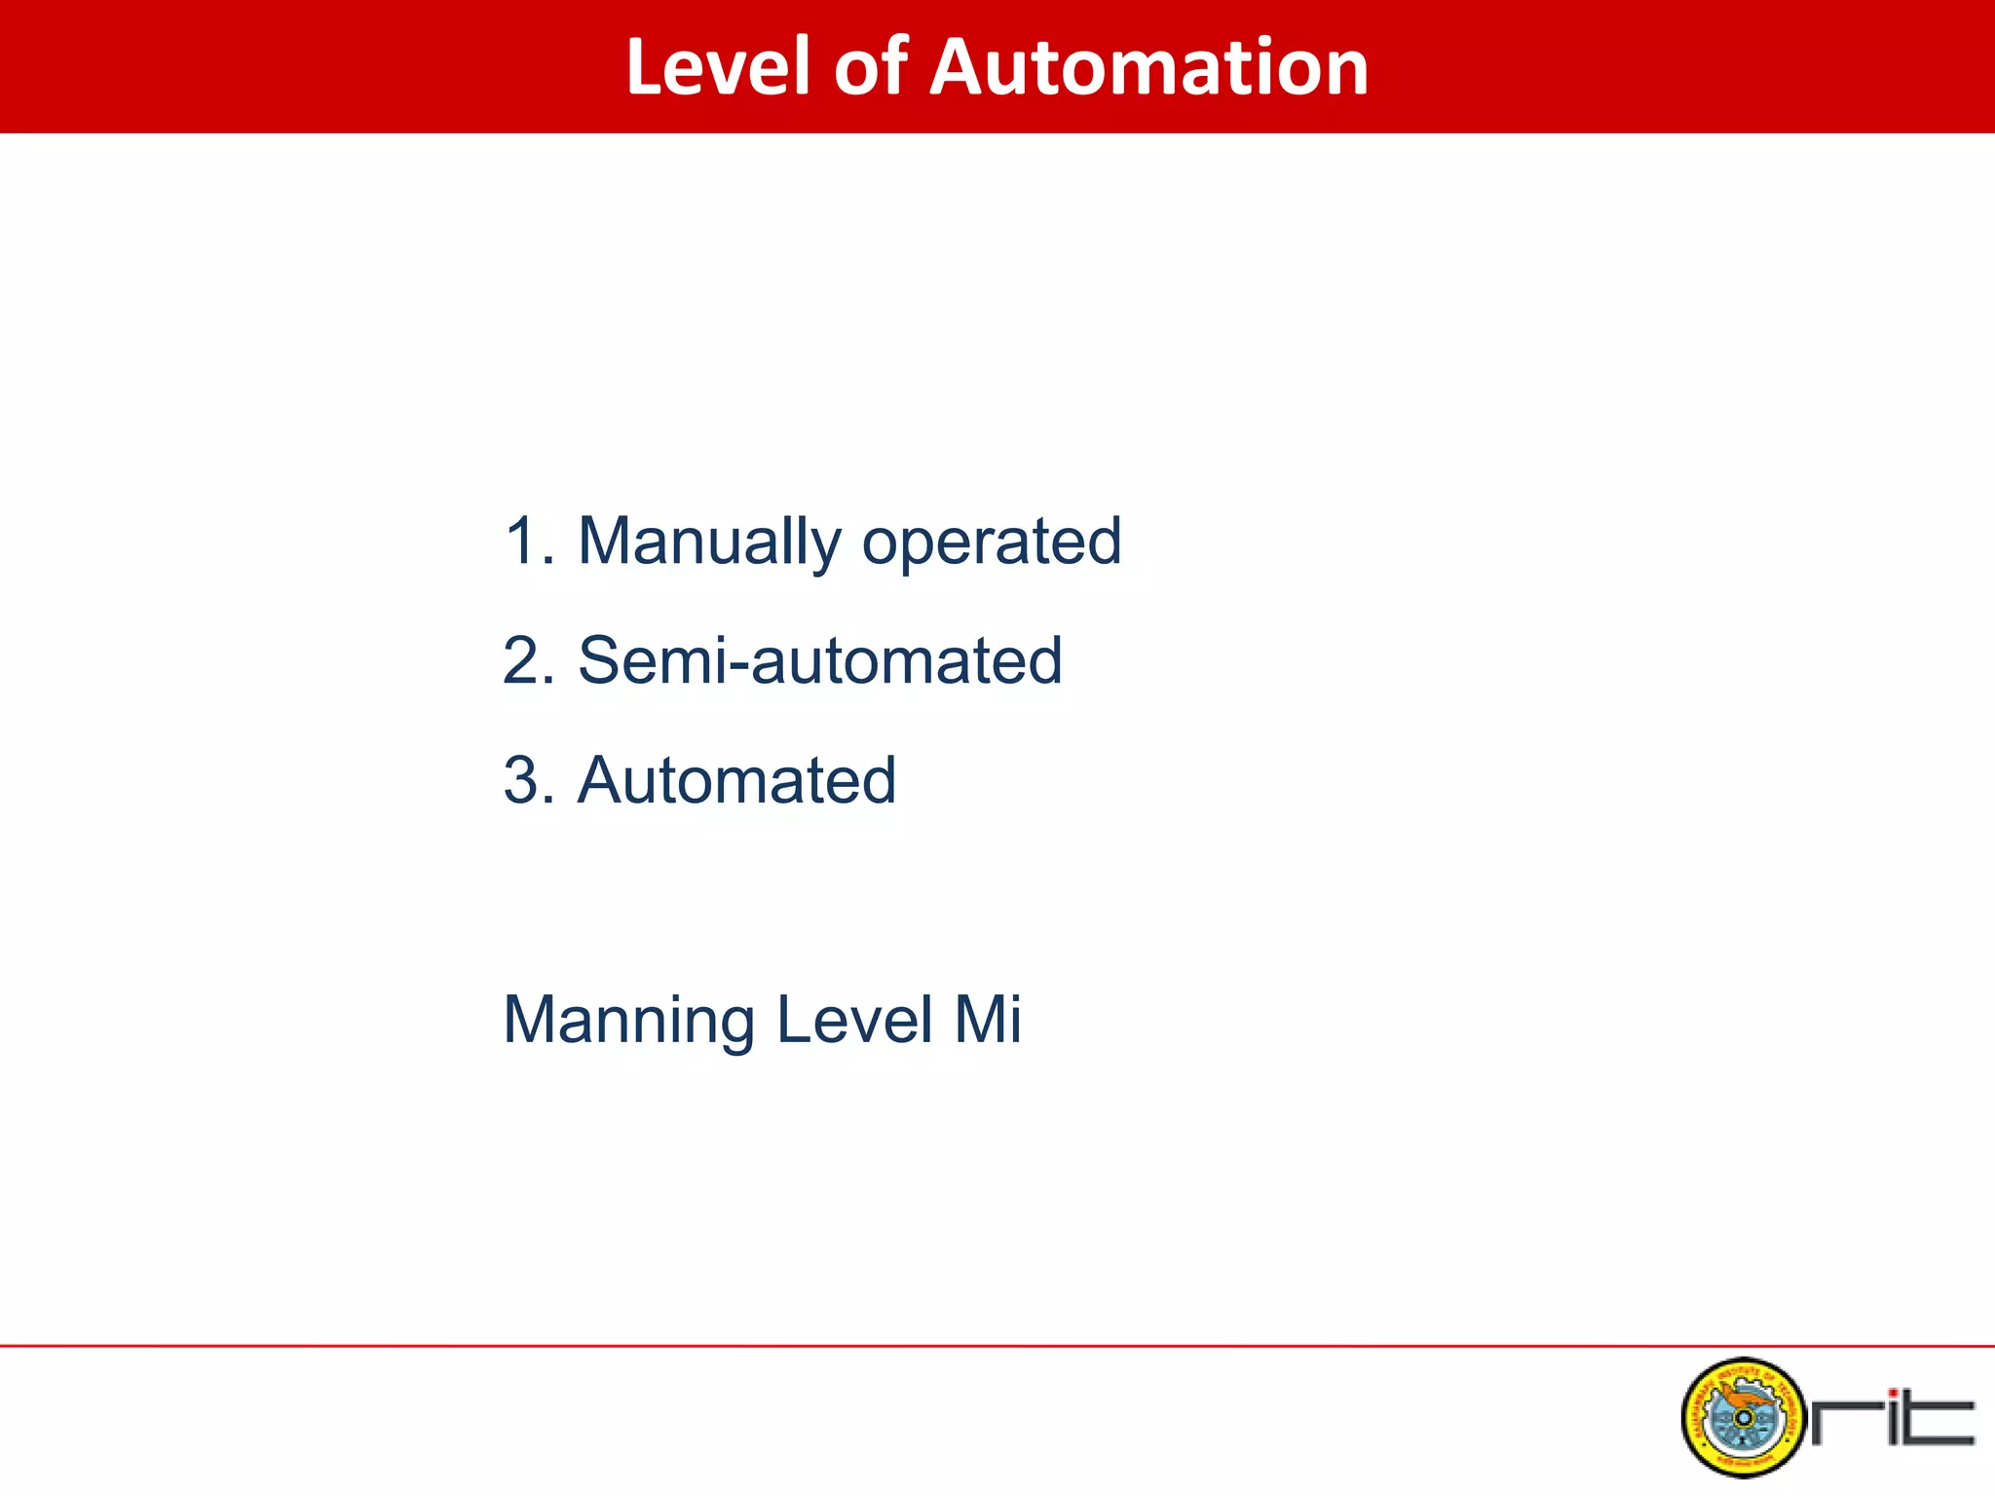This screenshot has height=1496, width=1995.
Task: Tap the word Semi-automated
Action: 819,661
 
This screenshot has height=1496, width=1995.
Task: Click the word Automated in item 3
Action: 736,781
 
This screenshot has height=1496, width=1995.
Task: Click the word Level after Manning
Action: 854,1020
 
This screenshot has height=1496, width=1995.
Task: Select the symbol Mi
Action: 987,1020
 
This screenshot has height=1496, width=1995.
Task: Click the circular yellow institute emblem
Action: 1743,1417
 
